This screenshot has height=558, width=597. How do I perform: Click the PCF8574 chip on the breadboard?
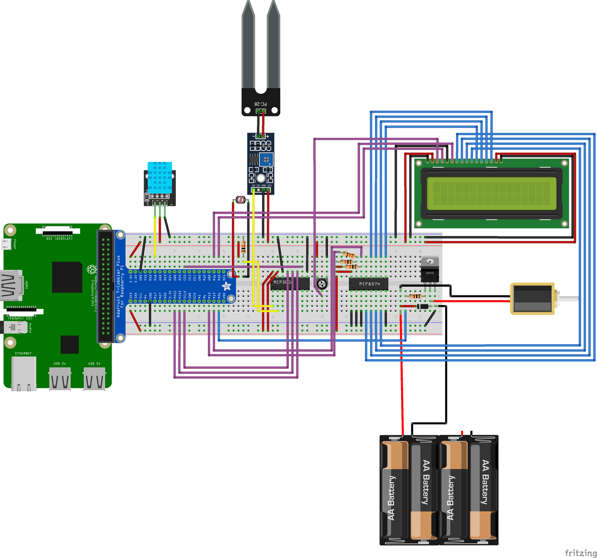click(368, 283)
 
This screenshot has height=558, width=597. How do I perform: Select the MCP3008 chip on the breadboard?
click(290, 283)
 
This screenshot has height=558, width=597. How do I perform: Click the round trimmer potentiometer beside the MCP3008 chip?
click(322, 284)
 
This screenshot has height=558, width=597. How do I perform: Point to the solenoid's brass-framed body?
click(531, 299)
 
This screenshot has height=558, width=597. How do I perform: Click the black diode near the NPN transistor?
click(422, 307)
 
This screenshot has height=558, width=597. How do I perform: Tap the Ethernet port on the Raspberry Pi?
click(24, 373)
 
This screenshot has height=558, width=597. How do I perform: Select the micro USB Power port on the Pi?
click(8, 244)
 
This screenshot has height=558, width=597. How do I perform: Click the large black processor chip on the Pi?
click(66, 277)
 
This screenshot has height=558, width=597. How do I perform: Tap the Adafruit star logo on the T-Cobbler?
click(227, 286)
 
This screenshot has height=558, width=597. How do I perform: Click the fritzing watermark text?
click(580, 553)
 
